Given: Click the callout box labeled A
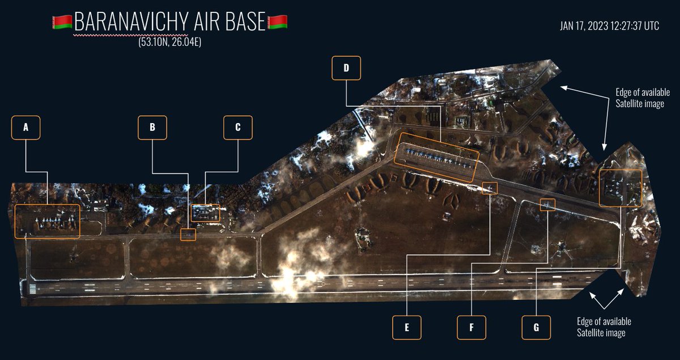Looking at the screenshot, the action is [25, 128].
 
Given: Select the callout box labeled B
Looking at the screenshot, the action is [152, 128].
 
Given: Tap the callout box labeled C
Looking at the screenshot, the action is [238, 128].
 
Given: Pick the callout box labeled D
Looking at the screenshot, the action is [346, 69].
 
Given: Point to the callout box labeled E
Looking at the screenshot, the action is [407, 327].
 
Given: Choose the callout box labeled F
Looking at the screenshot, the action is [471, 327].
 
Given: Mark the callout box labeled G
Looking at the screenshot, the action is [536, 327].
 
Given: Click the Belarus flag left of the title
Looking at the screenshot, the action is [62, 23].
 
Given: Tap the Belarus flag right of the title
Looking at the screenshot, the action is [278, 22].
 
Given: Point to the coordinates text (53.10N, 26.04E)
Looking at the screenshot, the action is [169, 43].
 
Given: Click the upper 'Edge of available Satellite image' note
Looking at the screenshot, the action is [643, 98].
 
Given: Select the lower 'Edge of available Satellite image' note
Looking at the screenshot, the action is [603, 327].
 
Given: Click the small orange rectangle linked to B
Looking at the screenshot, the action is [188, 235].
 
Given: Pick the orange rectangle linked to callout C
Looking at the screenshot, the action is [205, 213].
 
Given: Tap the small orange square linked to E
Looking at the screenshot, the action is [490, 188].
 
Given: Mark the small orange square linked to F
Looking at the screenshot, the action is [547, 205].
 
